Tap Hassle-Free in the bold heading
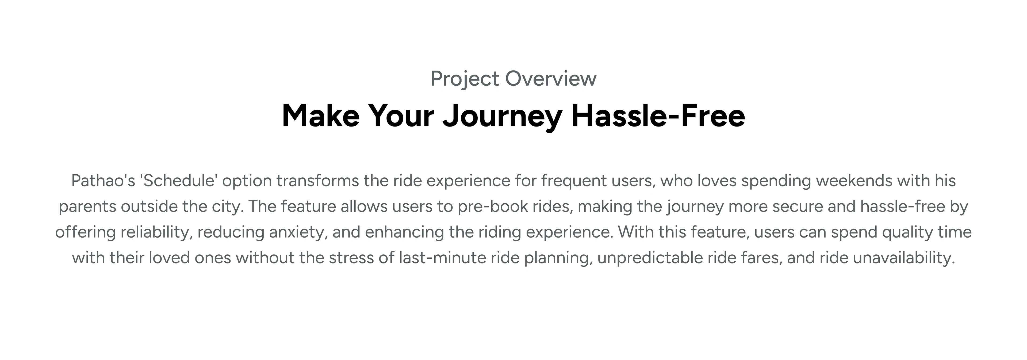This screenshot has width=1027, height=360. (658, 116)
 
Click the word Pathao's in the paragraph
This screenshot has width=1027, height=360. (104, 181)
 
